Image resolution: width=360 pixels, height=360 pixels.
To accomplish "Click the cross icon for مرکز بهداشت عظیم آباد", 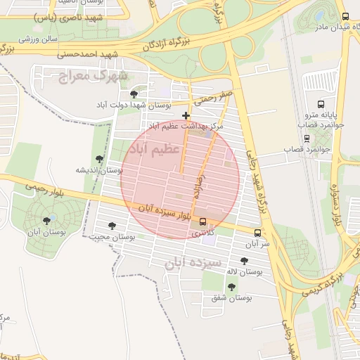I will tap(186, 115).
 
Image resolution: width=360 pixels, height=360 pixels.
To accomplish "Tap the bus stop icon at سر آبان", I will tap(258, 233).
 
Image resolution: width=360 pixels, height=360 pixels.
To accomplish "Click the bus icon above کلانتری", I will tap(203, 222).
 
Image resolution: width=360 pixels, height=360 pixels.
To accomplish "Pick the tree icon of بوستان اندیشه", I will tap(99, 160).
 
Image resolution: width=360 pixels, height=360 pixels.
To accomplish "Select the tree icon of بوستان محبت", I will tap(112, 226).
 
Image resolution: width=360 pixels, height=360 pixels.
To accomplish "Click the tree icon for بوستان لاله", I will tap(244, 261).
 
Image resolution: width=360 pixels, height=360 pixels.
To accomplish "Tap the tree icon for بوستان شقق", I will tap(231, 287).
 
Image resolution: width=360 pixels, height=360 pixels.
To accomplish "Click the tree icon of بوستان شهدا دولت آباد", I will tap(134, 94).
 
